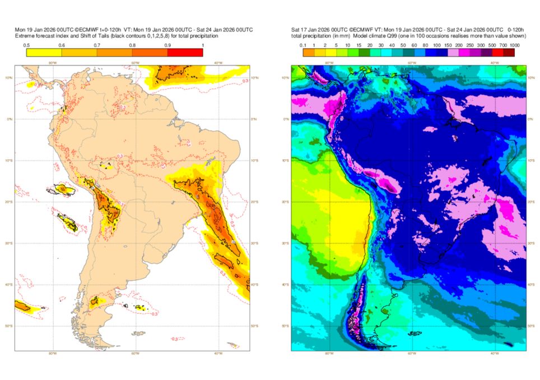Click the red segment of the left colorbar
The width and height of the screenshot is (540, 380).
point(185,52)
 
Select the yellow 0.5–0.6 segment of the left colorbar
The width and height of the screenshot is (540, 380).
point(44,52)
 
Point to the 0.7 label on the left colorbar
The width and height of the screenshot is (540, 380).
point(96,44)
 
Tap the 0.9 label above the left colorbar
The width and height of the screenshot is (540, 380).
point(167,44)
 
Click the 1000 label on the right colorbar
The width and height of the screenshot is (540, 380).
point(514,44)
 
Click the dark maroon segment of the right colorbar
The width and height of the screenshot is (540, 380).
point(509,52)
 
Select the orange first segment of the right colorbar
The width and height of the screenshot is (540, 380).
point(308,52)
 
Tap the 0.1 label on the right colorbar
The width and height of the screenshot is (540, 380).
point(302,44)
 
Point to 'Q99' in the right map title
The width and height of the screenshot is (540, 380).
point(397,36)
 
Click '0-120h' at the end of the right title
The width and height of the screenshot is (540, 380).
point(515,30)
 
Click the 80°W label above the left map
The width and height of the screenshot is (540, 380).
point(53,63)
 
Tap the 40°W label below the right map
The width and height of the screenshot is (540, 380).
point(495,354)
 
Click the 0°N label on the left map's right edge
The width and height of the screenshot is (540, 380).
point(254,119)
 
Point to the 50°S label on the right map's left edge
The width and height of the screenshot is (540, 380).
point(286,326)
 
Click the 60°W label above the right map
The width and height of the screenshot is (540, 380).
point(411,63)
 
